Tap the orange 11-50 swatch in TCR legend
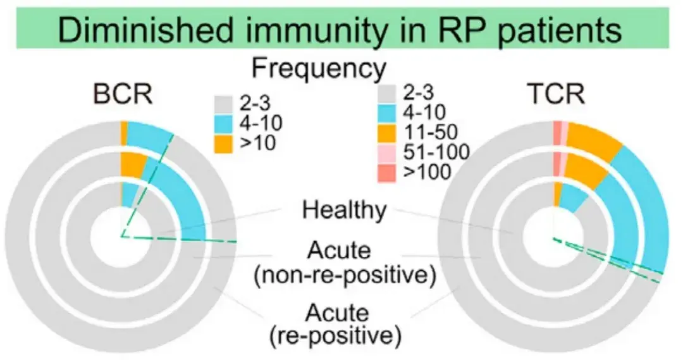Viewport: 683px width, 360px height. (386, 132)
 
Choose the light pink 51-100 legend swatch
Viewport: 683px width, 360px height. (386, 151)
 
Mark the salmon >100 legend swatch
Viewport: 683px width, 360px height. (386, 171)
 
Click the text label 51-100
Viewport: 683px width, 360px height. (436, 151)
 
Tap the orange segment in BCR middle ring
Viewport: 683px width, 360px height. (132, 164)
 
